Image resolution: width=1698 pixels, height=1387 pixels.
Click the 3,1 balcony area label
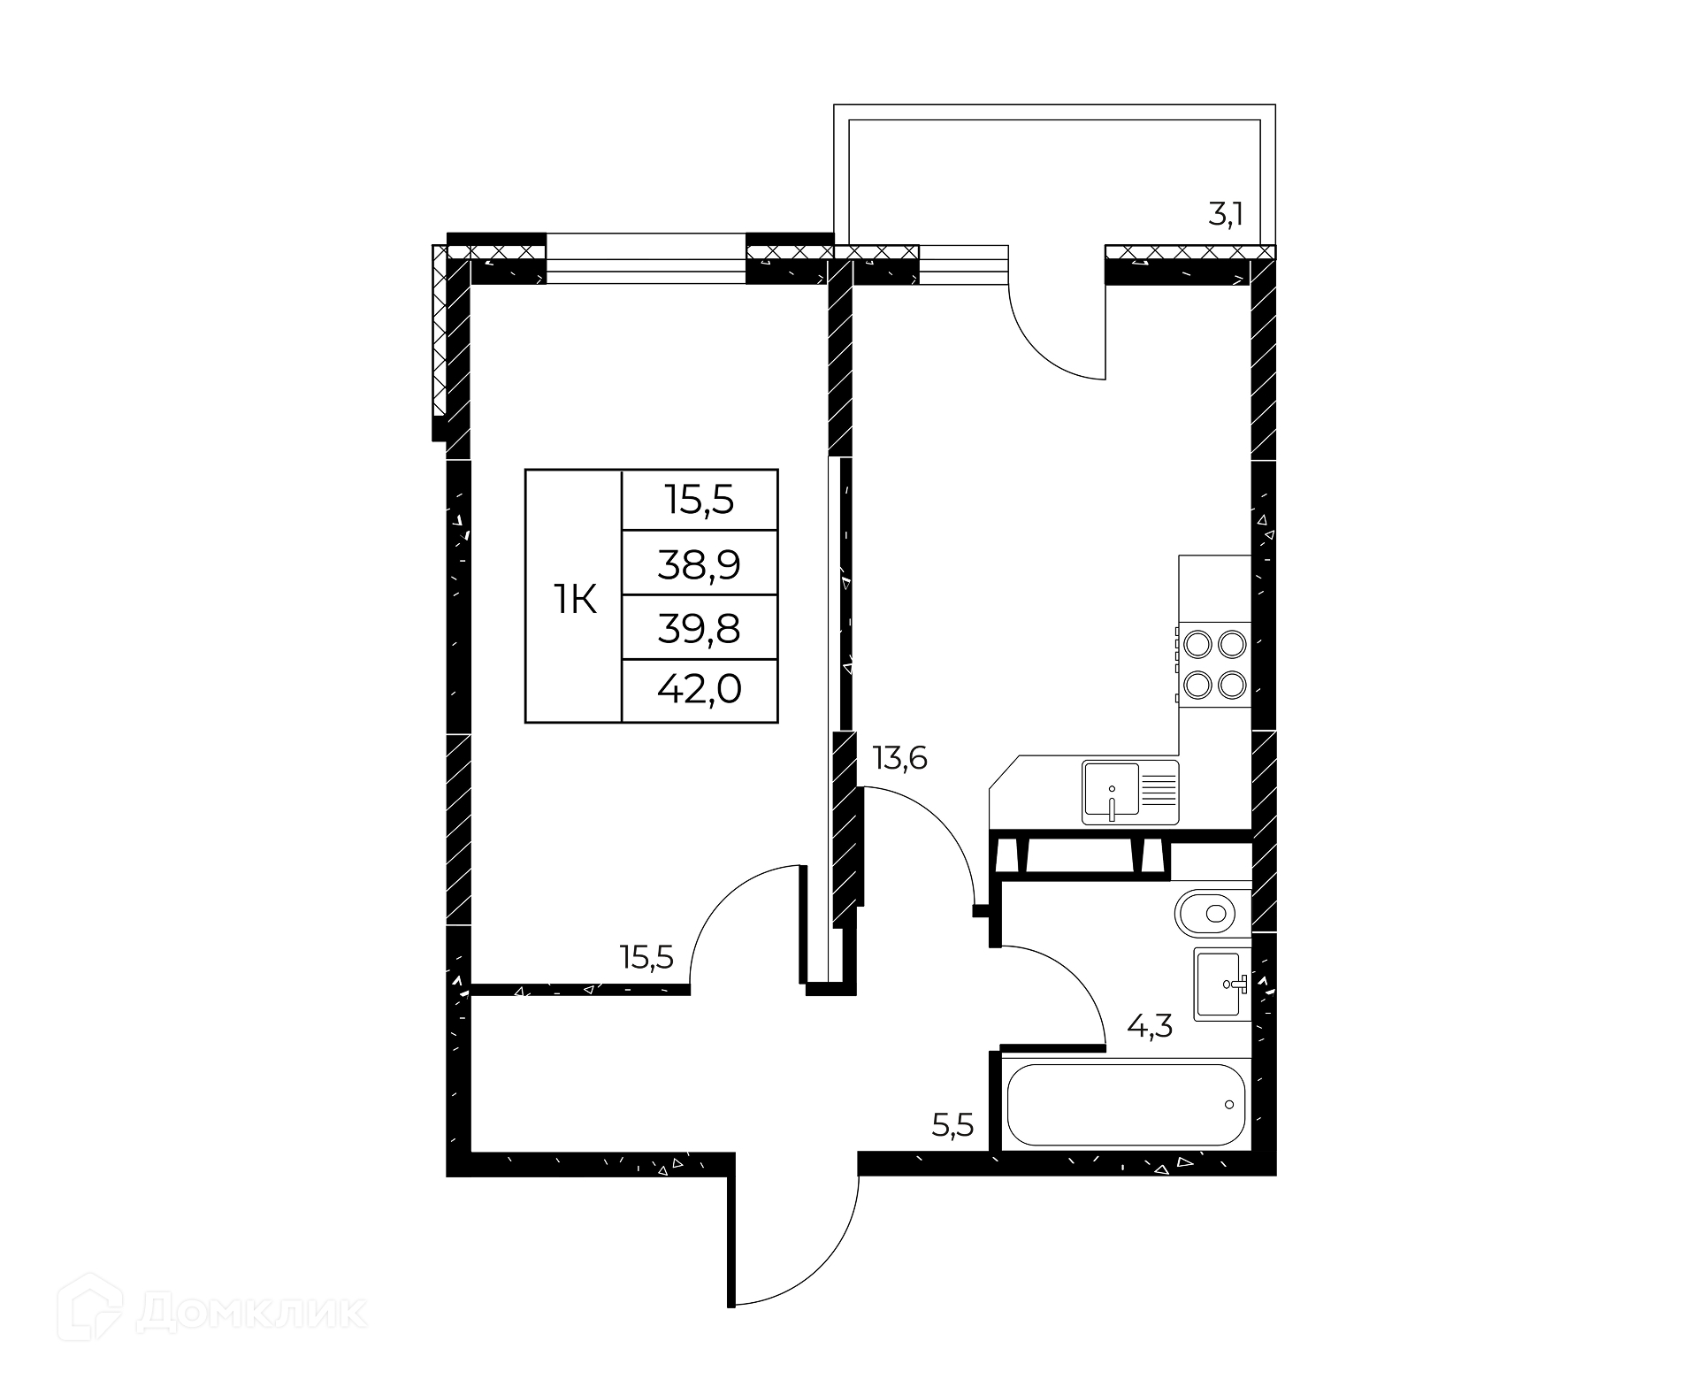(1226, 215)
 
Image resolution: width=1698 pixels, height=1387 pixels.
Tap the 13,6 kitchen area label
(899, 758)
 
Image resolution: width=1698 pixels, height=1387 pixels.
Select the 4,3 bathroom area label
(1150, 1026)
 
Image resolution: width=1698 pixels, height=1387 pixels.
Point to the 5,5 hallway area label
(952, 1125)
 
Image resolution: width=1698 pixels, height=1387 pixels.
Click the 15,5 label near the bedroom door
(646, 957)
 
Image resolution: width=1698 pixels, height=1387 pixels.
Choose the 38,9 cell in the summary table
(699, 563)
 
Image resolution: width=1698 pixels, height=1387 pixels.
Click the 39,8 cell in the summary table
(699, 629)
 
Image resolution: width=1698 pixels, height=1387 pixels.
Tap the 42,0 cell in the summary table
(699, 689)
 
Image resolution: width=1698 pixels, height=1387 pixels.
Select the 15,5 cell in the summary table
(700, 501)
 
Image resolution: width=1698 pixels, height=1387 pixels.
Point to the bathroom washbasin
(1222, 984)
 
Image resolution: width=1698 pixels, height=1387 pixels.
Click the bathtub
(1126, 1104)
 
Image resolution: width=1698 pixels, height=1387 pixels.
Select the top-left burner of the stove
(1197, 643)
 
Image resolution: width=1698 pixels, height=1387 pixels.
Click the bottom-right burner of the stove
(1232, 684)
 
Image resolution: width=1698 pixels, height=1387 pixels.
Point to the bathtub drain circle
(1229, 1104)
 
